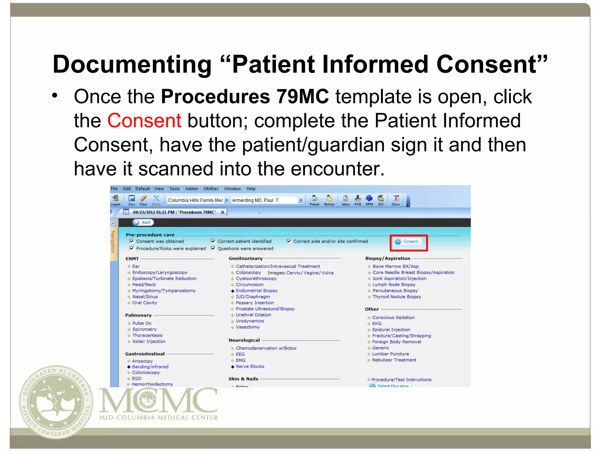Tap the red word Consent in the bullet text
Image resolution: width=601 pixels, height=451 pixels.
(x=144, y=121)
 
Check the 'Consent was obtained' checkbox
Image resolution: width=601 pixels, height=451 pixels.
(x=132, y=241)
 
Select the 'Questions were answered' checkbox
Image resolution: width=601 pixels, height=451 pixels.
(x=213, y=248)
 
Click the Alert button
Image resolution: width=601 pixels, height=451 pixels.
(x=143, y=223)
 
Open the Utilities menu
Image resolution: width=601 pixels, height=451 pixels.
(x=211, y=189)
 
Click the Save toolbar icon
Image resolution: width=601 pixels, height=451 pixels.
(x=132, y=200)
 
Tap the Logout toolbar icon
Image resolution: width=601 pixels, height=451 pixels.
(x=115, y=200)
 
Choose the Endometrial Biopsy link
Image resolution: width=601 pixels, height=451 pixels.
(x=256, y=291)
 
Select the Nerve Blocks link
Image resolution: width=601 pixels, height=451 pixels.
(x=250, y=366)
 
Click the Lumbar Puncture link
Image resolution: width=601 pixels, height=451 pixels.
(x=390, y=354)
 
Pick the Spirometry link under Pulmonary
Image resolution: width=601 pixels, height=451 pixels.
(x=144, y=329)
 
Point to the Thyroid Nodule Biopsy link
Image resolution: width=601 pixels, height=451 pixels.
(x=396, y=297)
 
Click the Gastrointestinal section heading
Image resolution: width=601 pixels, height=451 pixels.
(x=145, y=354)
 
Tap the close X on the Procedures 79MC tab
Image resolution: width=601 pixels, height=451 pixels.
(x=223, y=212)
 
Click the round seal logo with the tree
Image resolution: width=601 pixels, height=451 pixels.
(x=56, y=402)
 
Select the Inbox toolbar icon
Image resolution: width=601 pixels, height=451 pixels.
(x=346, y=200)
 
